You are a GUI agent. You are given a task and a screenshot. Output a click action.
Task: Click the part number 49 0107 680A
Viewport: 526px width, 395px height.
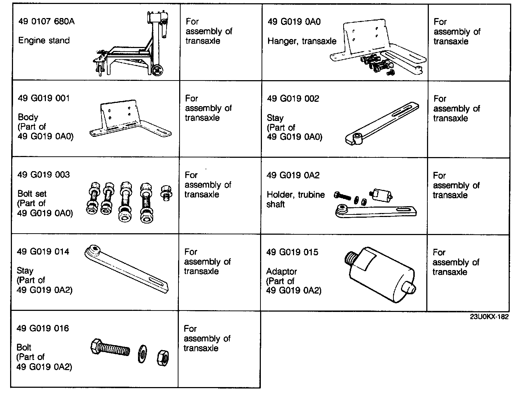click(47, 21)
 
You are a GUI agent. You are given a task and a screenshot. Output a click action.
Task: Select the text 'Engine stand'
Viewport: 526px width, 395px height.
click(44, 40)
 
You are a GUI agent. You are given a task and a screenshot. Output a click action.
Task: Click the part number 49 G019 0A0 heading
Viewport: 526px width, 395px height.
click(294, 22)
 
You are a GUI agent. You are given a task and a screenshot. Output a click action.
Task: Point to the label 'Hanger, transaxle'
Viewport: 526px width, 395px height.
click(302, 41)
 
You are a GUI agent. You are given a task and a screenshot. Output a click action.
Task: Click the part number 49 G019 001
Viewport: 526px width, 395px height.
click(44, 98)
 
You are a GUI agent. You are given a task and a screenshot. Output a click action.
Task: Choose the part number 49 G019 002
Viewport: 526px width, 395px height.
click(293, 99)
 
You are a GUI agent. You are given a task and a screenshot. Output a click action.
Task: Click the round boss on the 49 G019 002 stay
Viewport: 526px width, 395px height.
click(357, 136)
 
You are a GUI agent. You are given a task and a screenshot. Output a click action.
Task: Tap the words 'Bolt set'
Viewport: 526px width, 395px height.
click(32, 194)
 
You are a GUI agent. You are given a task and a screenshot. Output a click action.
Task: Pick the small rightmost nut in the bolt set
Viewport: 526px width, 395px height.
click(165, 192)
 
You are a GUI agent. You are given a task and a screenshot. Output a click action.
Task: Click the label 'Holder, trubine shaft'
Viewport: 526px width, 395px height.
click(296, 199)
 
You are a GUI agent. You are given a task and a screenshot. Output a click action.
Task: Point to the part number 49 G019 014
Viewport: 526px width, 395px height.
click(43, 251)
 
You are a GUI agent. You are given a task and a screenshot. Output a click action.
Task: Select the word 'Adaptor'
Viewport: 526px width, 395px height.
click(281, 271)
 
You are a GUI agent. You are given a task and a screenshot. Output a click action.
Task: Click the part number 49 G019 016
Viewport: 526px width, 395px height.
click(43, 328)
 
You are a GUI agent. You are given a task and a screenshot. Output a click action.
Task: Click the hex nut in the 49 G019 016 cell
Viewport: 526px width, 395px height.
click(163, 357)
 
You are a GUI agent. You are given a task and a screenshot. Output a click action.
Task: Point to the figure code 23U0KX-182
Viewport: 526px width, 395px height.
click(489, 317)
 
